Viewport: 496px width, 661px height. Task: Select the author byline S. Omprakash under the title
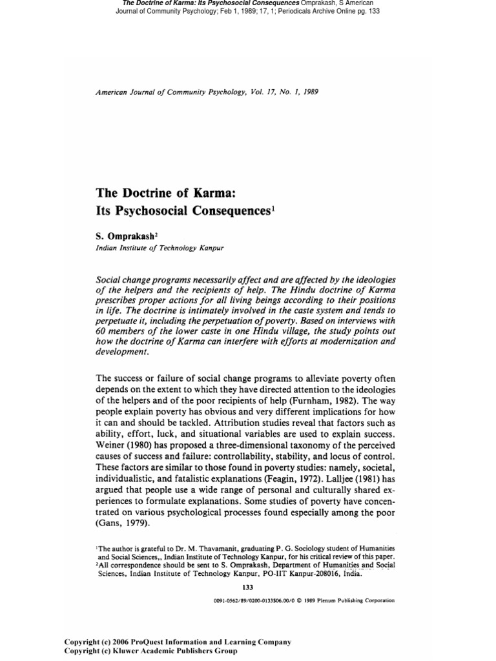pyautogui.click(x=126, y=236)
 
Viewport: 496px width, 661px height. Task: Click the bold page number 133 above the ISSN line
pyautogui.click(x=247, y=587)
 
